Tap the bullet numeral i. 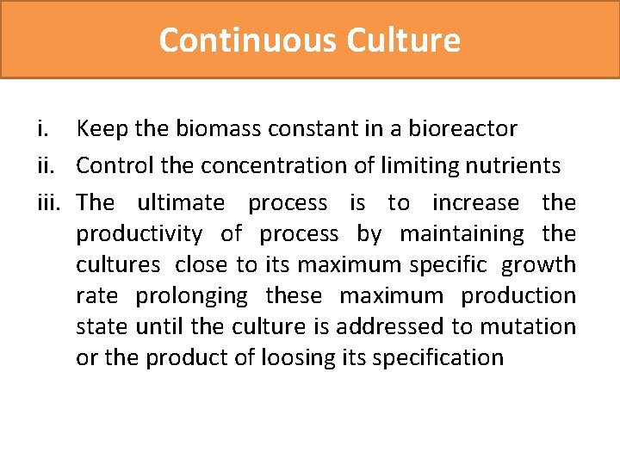pos(41,129)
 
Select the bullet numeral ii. pos(44,165)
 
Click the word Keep pos(102,129)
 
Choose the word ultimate pos(181,202)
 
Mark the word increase pos(475,202)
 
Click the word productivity pos(139,233)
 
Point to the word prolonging pos(191,295)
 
